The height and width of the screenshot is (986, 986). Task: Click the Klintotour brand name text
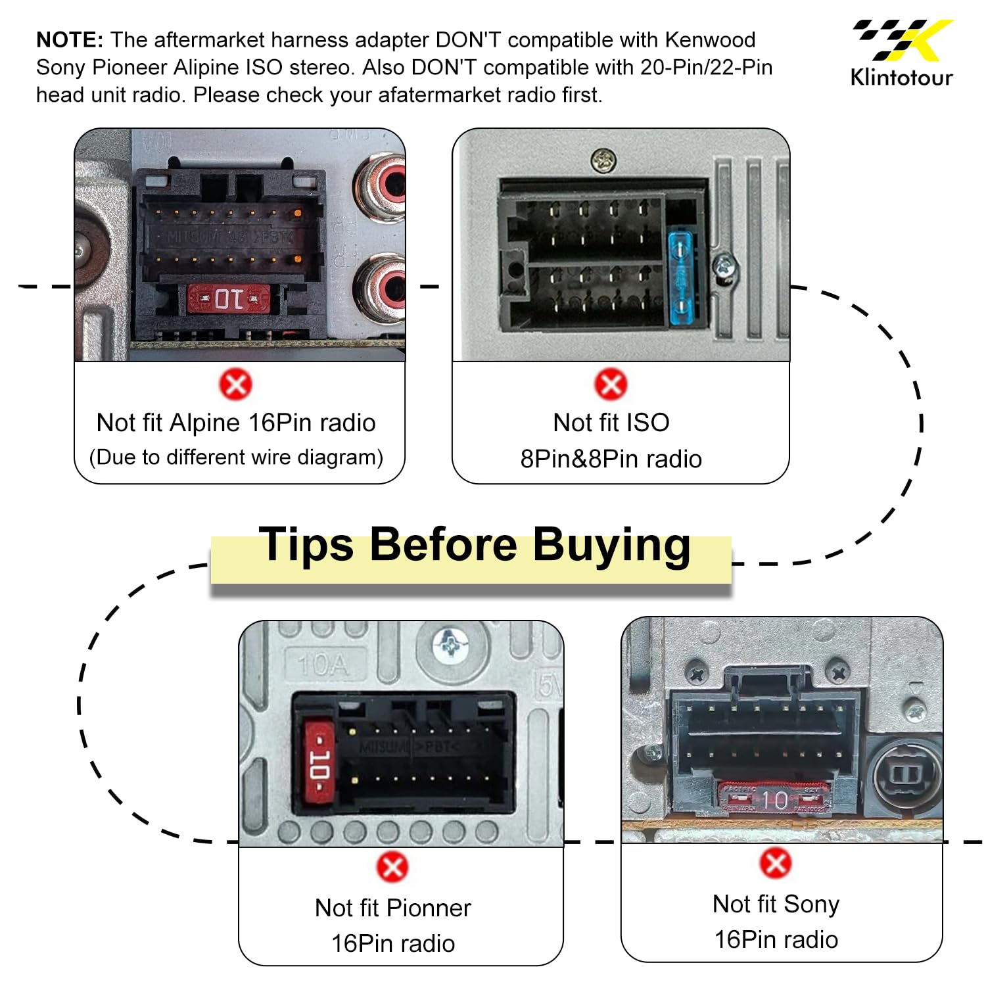901,77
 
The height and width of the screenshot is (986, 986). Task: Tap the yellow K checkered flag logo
903,39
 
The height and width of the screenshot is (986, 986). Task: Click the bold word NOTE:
70,39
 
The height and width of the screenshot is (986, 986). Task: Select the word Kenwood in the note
710,39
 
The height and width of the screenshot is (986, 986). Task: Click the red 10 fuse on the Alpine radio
228,298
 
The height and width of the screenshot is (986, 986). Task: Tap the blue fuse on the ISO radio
682,278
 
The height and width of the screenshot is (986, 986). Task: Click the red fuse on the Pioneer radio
320,763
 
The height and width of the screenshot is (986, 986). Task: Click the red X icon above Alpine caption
235,385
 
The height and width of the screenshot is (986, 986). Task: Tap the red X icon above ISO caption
611,384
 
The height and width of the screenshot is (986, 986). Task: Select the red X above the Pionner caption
392,867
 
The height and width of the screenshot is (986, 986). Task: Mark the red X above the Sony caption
776,863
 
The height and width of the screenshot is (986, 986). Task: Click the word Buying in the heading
611,545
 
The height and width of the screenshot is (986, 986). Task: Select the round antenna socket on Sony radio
906,774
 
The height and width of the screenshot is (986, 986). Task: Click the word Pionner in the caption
427,908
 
